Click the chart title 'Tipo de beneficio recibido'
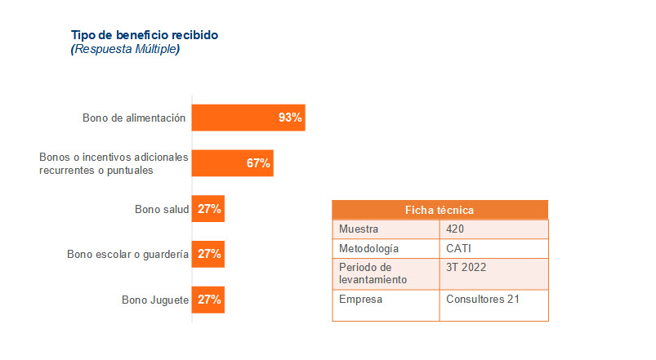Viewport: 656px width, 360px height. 145,35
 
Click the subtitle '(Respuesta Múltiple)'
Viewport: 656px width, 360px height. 125,49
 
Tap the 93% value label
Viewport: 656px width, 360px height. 290,118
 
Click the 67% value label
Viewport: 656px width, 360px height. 258,163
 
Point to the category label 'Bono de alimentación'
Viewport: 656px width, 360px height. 134,118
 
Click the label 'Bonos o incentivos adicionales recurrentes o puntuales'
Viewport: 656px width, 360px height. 114,163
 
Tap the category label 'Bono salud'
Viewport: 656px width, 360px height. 162,210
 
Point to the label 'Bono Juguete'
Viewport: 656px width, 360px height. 155,300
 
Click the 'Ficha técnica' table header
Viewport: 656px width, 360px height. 440,210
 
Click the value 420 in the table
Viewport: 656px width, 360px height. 455,229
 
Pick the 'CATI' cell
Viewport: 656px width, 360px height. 459,248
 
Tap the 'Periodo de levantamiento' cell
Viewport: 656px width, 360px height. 373,273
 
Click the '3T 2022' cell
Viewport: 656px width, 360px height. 465,268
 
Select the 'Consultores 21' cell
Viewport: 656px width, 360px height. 483,299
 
